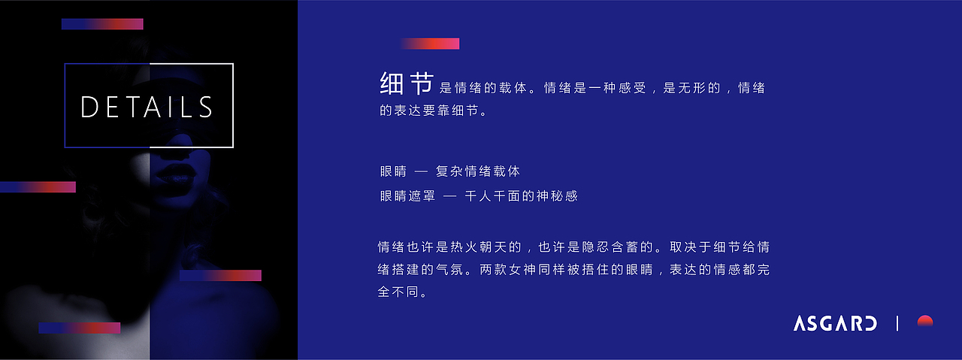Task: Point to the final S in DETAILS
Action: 204,107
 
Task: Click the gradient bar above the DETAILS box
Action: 102,24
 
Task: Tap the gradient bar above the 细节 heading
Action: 429,44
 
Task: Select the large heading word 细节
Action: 407,83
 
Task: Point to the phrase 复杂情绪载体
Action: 478,171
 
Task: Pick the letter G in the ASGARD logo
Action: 825,324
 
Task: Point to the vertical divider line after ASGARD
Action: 897,324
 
